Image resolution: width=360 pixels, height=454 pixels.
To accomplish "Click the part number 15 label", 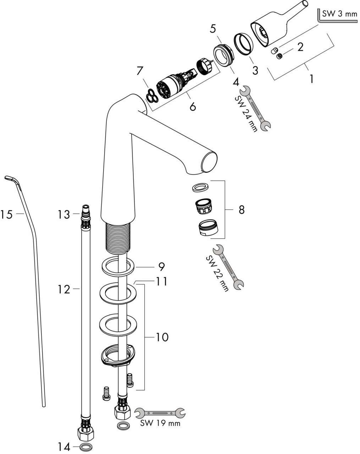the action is point(6,214).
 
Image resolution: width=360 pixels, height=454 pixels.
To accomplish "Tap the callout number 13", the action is point(64,214).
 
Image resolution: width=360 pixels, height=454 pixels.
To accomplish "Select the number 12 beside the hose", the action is point(64,289).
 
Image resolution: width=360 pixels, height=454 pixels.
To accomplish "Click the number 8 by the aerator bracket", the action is point(241,210).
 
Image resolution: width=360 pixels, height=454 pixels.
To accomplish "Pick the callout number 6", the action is point(193,106).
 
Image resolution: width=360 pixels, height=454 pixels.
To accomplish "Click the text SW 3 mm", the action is point(339,14).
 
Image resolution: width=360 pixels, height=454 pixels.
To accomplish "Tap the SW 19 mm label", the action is point(160,423).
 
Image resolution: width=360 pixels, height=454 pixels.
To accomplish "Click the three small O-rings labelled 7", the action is point(152,96).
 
